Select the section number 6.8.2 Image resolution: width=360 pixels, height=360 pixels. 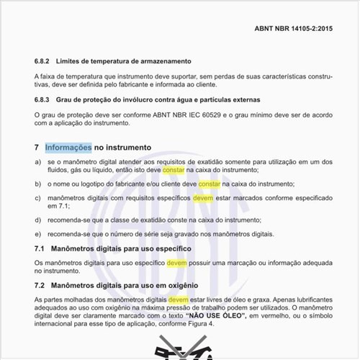[43, 61]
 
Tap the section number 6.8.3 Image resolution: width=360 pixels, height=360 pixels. [43, 99]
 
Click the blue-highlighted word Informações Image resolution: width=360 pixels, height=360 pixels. [68, 147]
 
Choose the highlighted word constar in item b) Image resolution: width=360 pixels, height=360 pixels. [210, 184]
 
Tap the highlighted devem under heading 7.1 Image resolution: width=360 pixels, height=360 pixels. [176, 264]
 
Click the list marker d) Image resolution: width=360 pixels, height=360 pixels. [38, 220]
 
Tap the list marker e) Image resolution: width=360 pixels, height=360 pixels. [38, 234]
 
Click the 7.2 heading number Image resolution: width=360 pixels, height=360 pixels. [40, 285]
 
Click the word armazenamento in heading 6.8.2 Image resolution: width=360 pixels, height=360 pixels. [161, 61]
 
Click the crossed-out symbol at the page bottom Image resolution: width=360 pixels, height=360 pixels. [179, 349]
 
